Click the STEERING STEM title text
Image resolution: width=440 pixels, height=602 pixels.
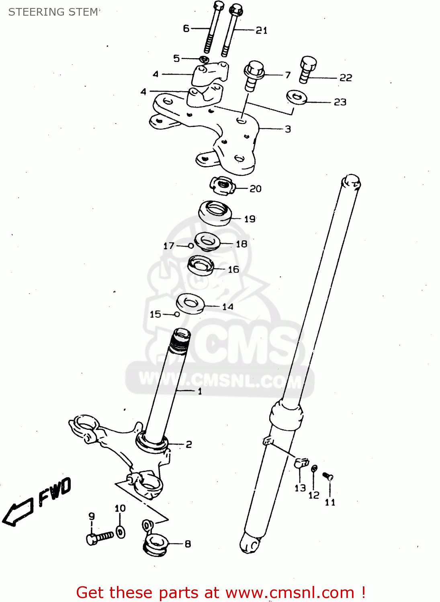coord(53,12)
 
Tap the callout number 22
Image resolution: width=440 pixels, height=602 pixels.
coord(346,77)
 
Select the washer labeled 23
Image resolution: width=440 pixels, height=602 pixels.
coord(297,97)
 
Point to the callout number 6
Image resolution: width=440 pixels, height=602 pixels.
coord(186,28)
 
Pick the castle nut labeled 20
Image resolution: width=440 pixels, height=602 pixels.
coord(222,185)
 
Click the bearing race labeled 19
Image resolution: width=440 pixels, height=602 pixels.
coord(215,213)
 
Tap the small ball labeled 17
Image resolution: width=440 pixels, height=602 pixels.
coord(191,246)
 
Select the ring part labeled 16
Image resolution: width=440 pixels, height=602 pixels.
coord(201,266)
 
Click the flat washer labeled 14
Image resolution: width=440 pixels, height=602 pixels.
coord(190,303)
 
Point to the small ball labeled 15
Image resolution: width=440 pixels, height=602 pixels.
coord(177,314)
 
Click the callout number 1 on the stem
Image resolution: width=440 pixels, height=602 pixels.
coord(200,391)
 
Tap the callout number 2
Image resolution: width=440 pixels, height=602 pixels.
coord(188,444)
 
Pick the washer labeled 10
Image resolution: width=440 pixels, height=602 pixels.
coord(121,532)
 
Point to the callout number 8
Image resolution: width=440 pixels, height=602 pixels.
coord(188,544)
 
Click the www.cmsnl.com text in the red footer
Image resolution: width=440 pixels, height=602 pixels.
coord(290,592)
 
